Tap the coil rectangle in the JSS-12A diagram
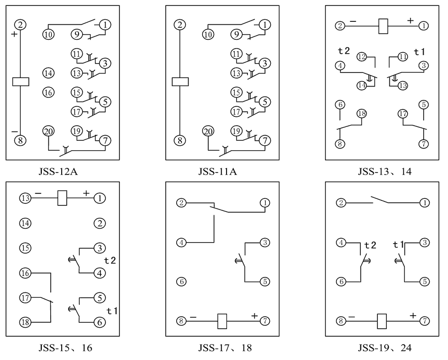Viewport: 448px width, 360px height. (20, 82)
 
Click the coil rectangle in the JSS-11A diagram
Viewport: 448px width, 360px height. (180, 82)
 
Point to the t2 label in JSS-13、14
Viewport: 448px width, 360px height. (344, 51)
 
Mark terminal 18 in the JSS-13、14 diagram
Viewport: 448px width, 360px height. (362, 114)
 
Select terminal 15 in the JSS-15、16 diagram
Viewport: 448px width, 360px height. (25, 248)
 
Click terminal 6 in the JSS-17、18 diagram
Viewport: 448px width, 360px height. (181, 282)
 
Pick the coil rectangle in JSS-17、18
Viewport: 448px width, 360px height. (223, 321)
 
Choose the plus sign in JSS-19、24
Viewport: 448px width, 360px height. (412, 316)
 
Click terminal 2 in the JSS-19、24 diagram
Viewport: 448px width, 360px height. (341, 202)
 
